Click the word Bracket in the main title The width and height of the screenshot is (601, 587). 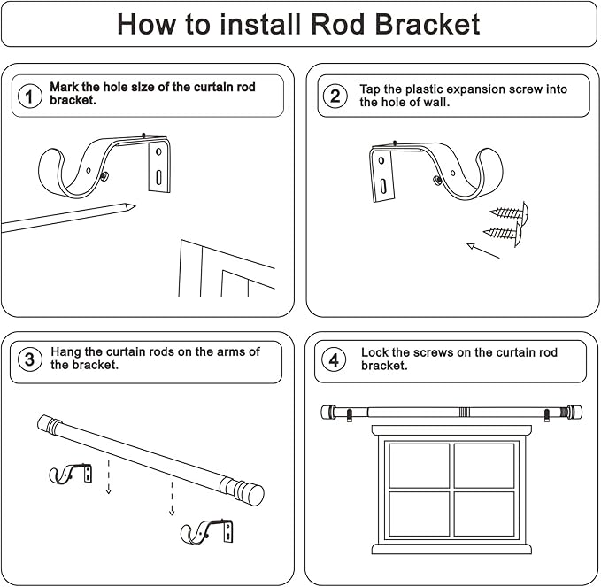click(x=422, y=24)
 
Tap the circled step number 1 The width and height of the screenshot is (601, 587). click(x=30, y=97)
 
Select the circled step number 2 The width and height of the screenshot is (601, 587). click(x=335, y=97)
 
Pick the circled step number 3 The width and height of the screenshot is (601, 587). click(x=30, y=359)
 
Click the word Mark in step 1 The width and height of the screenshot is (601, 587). click(x=65, y=88)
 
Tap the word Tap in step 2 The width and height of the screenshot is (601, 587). click(x=370, y=89)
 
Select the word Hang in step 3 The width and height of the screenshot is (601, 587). click(x=66, y=351)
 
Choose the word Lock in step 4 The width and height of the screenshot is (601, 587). click(x=375, y=352)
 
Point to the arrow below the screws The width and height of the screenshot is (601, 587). click(x=483, y=251)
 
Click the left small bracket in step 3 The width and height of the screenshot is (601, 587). click(x=70, y=474)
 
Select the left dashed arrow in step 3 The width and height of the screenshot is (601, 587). click(x=108, y=476)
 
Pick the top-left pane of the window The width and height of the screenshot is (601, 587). click(x=419, y=465)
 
